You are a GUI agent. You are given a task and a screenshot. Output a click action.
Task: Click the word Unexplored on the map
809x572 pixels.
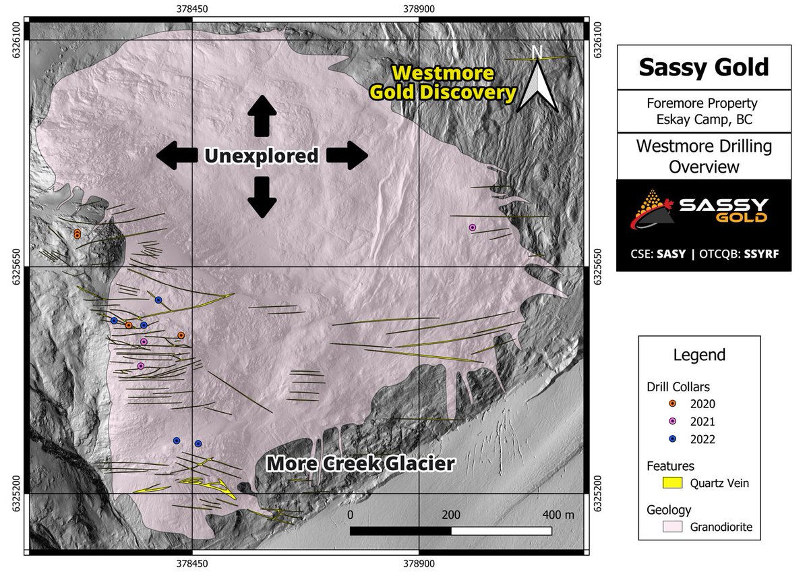click(x=262, y=156)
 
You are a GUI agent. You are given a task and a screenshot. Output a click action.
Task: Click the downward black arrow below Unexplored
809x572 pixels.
click(x=261, y=196)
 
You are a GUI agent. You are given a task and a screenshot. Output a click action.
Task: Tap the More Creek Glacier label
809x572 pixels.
click(x=360, y=463)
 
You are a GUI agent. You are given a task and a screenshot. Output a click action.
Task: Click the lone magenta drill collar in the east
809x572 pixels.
click(x=473, y=228)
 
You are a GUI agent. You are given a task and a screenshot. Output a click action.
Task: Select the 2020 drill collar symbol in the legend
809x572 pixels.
click(x=672, y=403)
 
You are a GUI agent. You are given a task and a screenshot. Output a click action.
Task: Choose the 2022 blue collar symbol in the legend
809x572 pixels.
click(x=672, y=438)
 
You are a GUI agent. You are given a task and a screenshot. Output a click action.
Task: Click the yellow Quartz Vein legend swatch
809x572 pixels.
click(x=673, y=482)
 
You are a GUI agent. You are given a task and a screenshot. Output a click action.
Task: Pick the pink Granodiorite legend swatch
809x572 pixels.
click(x=673, y=527)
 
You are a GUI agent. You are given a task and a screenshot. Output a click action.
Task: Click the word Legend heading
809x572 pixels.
click(x=704, y=355)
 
